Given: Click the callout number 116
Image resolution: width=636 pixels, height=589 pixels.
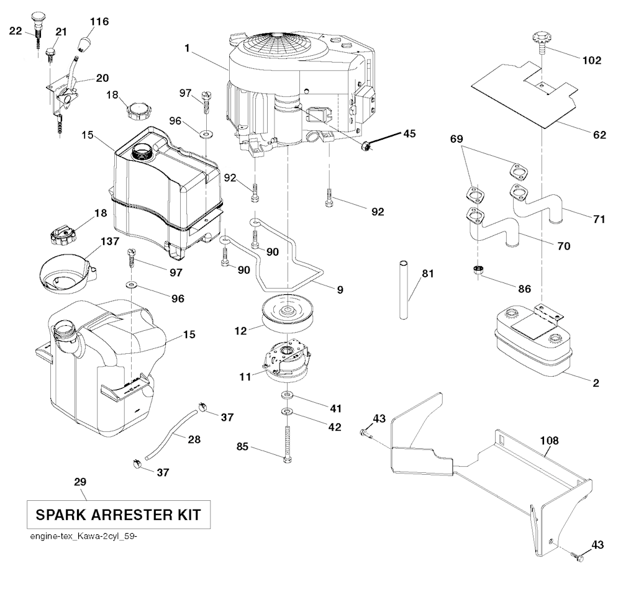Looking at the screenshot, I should (x=99, y=22).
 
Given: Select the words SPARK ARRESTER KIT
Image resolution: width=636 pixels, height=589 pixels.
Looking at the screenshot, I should (x=117, y=515).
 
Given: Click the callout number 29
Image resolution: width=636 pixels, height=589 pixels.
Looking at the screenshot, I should (x=79, y=482).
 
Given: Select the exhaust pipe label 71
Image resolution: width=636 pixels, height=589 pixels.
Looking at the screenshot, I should (x=598, y=218).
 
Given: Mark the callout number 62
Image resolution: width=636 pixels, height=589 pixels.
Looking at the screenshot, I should (x=599, y=135).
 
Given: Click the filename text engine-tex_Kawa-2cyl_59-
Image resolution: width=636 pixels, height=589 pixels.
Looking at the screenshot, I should (x=82, y=537).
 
